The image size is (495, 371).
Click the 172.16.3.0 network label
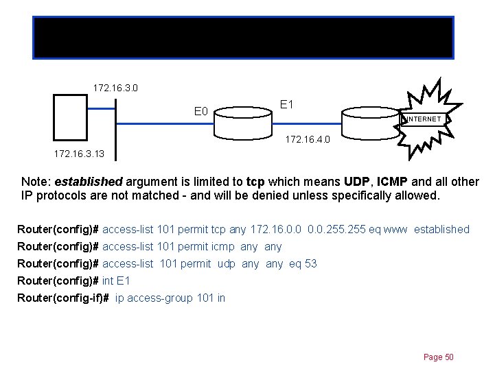115,88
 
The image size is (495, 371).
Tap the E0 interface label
201,111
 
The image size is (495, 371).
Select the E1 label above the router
288,104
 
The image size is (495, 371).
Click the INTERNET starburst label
424,119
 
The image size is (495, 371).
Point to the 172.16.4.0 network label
308,140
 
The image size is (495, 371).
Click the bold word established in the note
88,182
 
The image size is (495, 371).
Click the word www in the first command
398,229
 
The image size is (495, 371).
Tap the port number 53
310,263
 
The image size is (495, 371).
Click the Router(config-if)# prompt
63,298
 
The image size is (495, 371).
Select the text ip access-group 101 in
170,298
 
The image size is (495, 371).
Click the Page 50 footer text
439,357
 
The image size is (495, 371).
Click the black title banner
243,38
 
